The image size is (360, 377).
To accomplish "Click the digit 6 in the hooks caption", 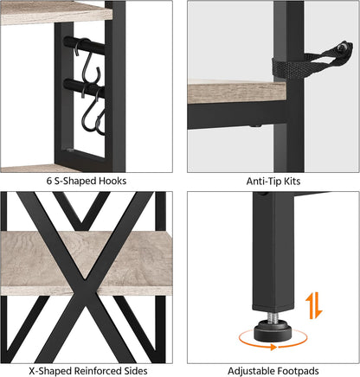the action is (x=49, y=181).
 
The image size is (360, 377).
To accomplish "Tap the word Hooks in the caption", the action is (x=112, y=181).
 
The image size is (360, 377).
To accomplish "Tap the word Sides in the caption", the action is (x=136, y=371).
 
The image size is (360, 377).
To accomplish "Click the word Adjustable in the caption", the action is (x=251, y=371).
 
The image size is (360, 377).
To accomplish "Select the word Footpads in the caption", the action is (x=298, y=371).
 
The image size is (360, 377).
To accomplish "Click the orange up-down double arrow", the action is (x=314, y=305).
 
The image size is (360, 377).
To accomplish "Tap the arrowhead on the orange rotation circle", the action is (x=273, y=347).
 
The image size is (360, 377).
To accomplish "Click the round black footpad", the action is (x=273, y=331).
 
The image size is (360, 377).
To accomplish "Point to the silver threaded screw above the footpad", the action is (x=273, y=316).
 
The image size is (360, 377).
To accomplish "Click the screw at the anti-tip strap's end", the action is (x=344, y=48).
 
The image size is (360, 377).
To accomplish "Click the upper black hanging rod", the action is (x=84, y=46).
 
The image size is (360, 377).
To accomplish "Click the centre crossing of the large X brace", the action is (x=86, y=278).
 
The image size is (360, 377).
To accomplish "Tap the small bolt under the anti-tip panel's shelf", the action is (x=254, y=125).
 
